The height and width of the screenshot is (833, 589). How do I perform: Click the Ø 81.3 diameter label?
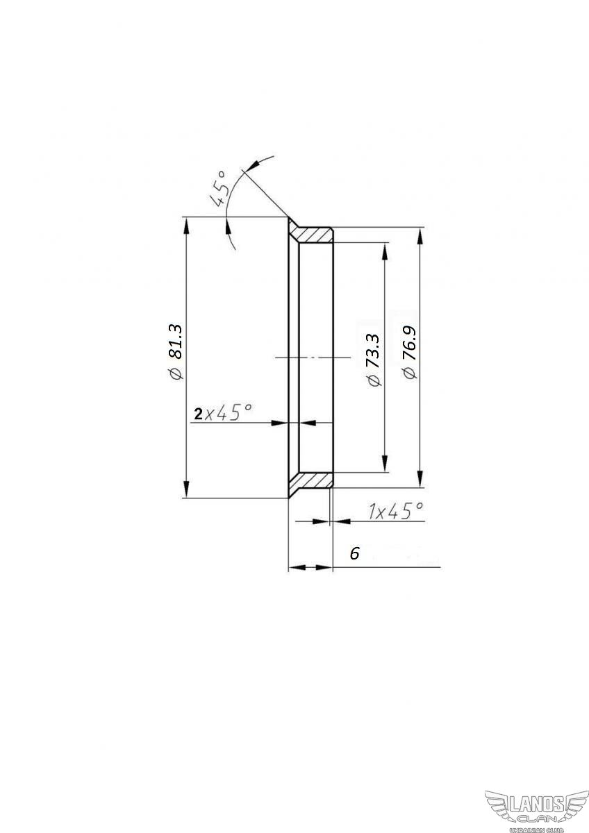tap(175, 352)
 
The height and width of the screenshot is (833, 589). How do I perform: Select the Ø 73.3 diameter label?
tap(373, 360)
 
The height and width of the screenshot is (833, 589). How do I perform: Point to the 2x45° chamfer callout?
tap(222, 412)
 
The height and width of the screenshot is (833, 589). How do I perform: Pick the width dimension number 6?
tap(355, 553)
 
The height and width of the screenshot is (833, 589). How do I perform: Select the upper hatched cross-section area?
tap(312, 233)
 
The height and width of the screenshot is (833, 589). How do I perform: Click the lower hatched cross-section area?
tap(312, 481)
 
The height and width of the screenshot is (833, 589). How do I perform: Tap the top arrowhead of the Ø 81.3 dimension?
tap(186, 226)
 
